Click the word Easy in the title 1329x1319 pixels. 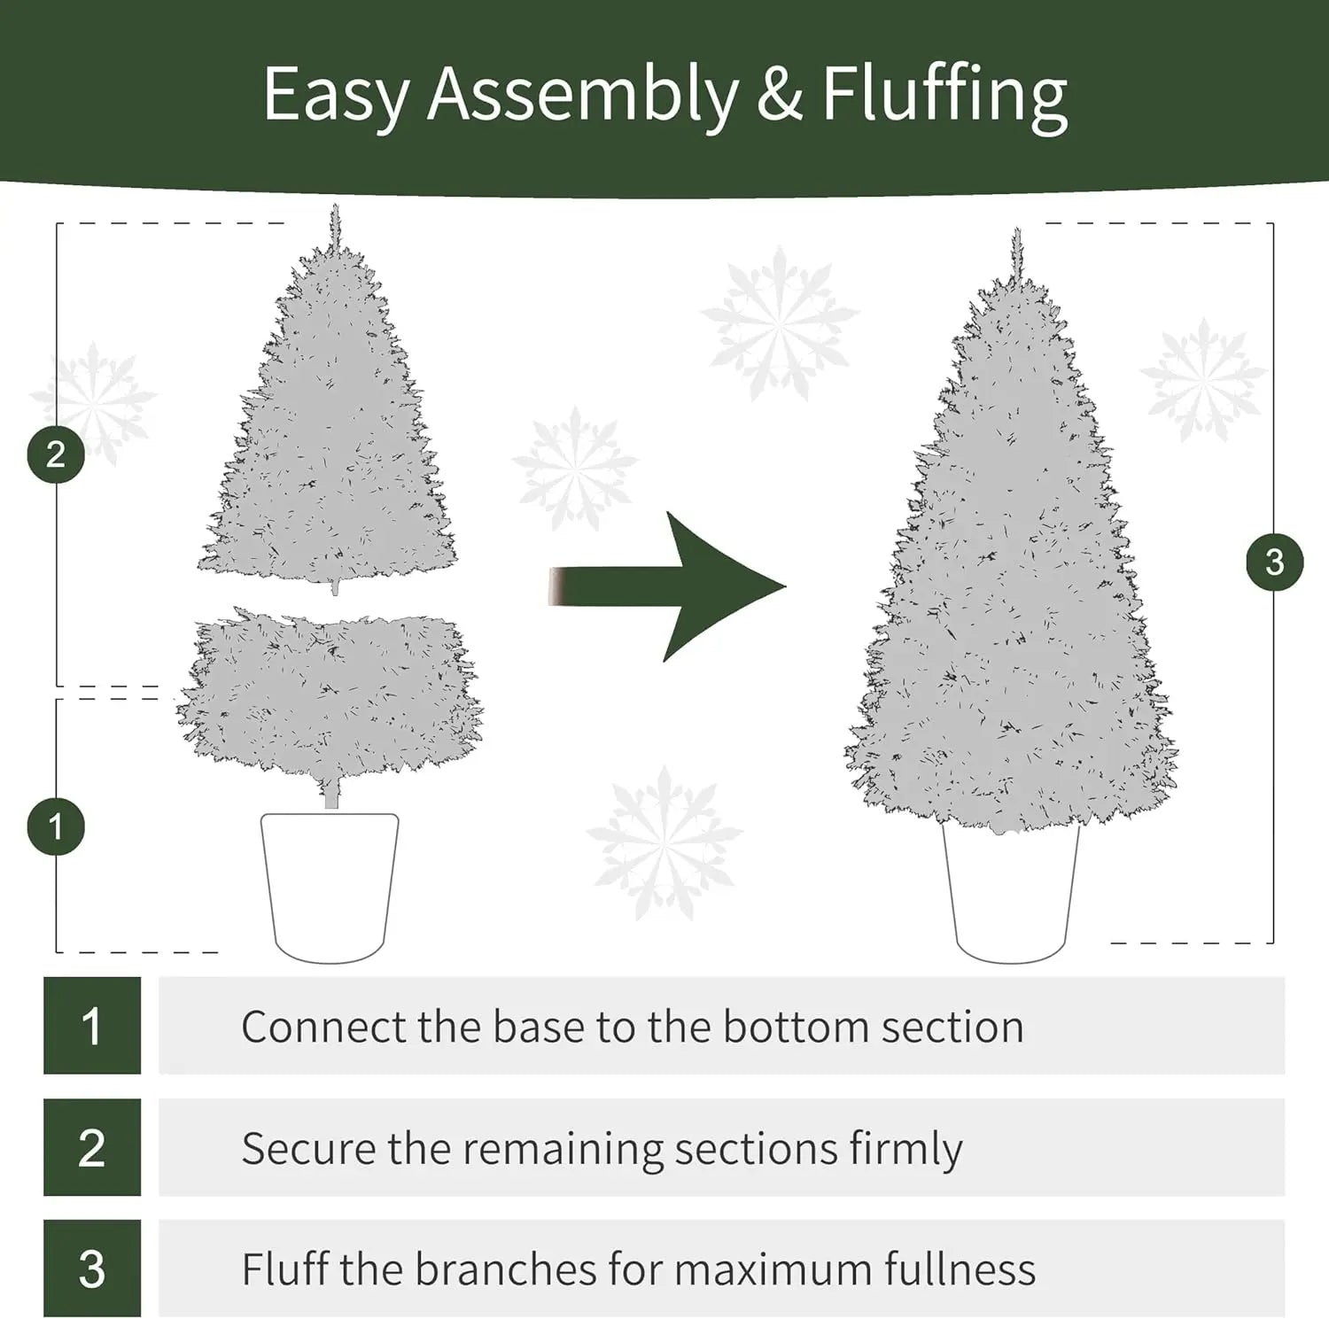coord(336,96)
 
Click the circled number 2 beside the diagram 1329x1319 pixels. coord(56,454)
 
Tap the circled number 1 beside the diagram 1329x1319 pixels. coord(56,827)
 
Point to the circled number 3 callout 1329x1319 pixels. coord(1274,562)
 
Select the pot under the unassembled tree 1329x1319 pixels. coord(330,886)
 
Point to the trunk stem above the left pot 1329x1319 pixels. coord(331,795)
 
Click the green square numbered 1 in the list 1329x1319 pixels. coord(92,1026)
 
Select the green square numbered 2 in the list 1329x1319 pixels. coord(92,1147)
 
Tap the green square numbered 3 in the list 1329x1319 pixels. coord(92,1269)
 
